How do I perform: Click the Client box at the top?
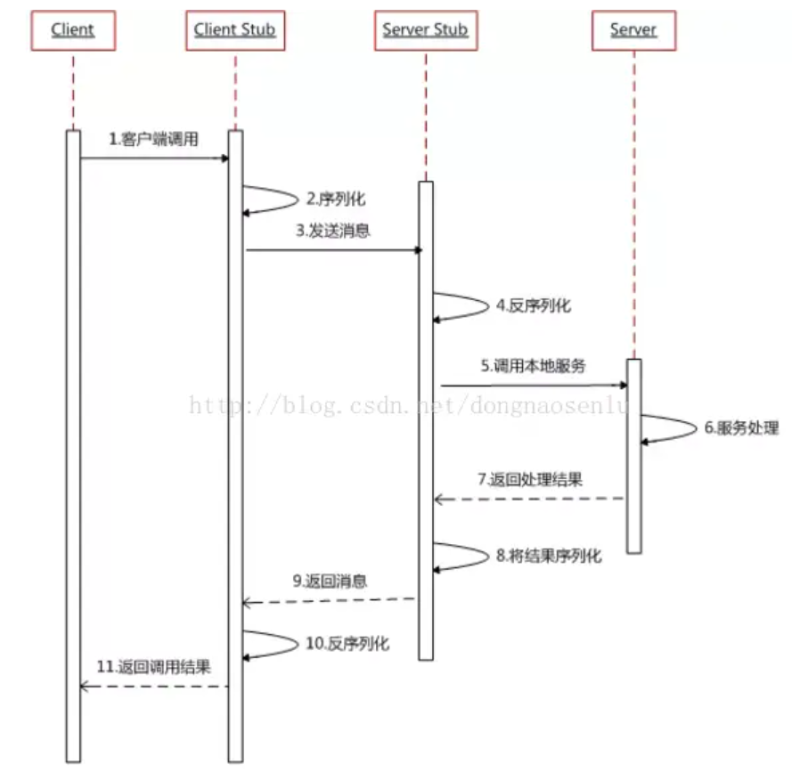(x=73, y=30)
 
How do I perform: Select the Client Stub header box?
(x=235, y=30)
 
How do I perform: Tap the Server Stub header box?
(x=425, y=30)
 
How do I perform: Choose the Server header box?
(x=633, y=30)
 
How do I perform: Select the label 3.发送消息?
(x=333, y=231)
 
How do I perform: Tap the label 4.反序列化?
(x=534, y=305)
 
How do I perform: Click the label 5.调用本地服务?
(x=534, y=365)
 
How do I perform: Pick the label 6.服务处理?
(x=741, y=427)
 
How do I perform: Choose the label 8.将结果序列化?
(x=549, y=556)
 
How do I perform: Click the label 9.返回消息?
(x=331, y=581)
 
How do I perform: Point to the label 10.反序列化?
(x=347, y=643)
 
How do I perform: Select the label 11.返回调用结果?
(x=153, y=666)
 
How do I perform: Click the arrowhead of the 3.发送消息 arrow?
(x=418, y=250)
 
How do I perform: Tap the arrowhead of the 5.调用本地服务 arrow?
(x=625, y=386)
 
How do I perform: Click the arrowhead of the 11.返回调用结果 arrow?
(x=85, y=687)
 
